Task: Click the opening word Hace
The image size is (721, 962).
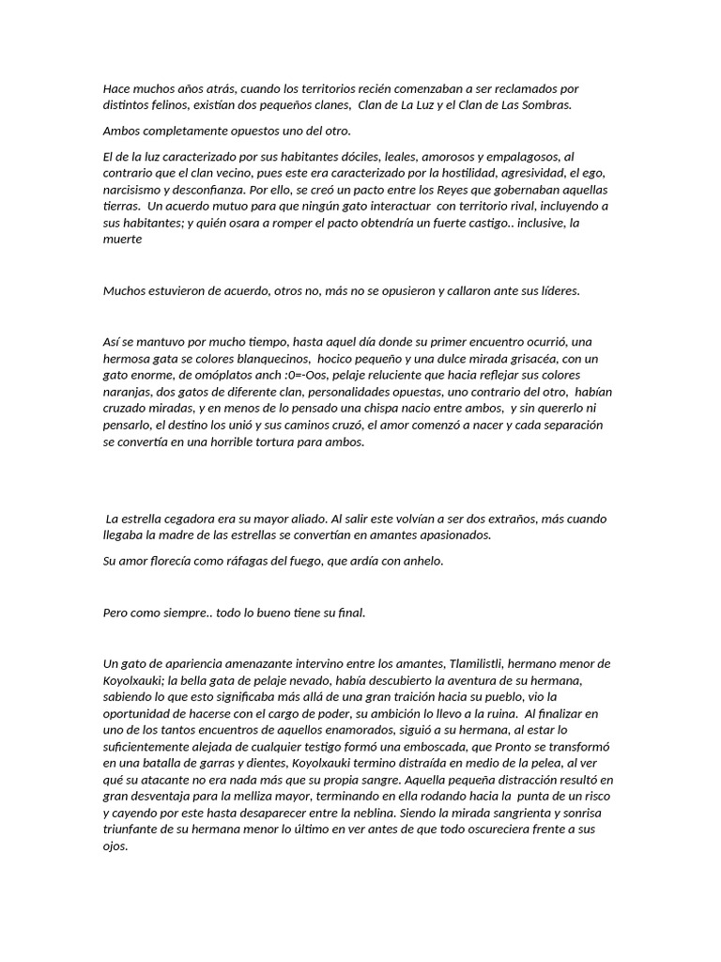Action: coord(116,88)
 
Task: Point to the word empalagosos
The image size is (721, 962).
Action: coord(526,156)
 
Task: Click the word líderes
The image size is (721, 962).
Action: coord(557,290)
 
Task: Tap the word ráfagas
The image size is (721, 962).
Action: coord(242,562)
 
